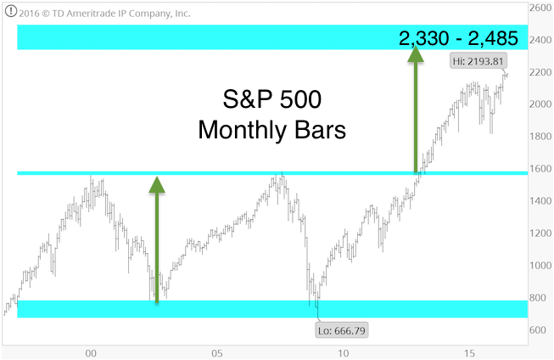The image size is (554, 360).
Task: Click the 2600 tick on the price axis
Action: coord(540,8)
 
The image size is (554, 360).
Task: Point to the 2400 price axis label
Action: coord(540,40)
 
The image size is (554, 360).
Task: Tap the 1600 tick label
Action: coord(540,169)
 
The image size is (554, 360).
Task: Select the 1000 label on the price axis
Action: coord(540,265)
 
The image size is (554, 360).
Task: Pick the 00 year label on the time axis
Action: coord(91,353)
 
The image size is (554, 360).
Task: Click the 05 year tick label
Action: coord(217,353)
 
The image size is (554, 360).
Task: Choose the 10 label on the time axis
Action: coord(343,353)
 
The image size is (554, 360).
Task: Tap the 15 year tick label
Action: coord(469,353)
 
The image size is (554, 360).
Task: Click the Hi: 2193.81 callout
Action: coord(478,61)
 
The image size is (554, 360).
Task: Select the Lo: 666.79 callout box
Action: coord(342,330)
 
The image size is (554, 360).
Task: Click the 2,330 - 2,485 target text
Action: coord(458,38)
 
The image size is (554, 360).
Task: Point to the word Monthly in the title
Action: coord(242,131)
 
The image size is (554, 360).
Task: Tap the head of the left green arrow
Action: coord(157,184)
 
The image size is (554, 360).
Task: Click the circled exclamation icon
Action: coord(10,11)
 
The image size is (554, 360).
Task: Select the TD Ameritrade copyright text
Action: coord(104,14)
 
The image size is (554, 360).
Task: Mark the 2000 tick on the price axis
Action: coord(540,104)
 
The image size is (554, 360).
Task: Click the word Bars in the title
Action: coord(320,130)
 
